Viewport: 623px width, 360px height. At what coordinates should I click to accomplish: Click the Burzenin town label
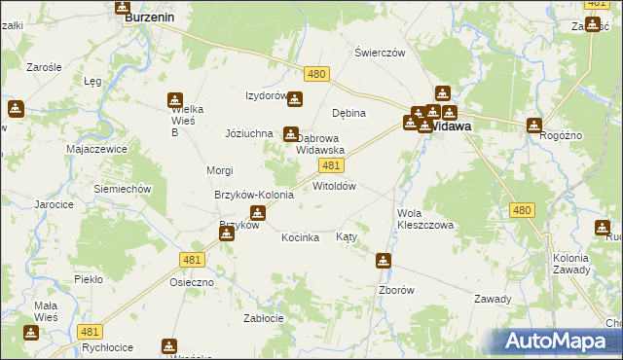[148, 17]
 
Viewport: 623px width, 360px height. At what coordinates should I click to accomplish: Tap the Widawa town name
[451, 126]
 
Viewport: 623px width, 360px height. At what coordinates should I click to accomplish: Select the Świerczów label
[380, 54]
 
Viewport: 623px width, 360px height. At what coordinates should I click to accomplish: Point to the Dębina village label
[348, 113]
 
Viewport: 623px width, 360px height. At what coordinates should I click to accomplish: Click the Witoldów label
[334, 186]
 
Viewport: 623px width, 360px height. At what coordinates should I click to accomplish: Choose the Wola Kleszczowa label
[425, 218]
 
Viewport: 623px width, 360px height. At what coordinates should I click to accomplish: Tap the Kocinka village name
[301, 237]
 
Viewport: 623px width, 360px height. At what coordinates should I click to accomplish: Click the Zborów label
[396, 290]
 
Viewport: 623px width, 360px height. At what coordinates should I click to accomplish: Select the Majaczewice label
[98, 150]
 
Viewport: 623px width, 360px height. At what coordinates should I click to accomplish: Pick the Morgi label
[219, 170]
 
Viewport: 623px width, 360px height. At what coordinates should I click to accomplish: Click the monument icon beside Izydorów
[294, 98]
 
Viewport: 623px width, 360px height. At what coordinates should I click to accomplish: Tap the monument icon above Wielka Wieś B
[174, 99]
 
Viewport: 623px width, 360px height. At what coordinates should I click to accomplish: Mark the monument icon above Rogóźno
[534, 125]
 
